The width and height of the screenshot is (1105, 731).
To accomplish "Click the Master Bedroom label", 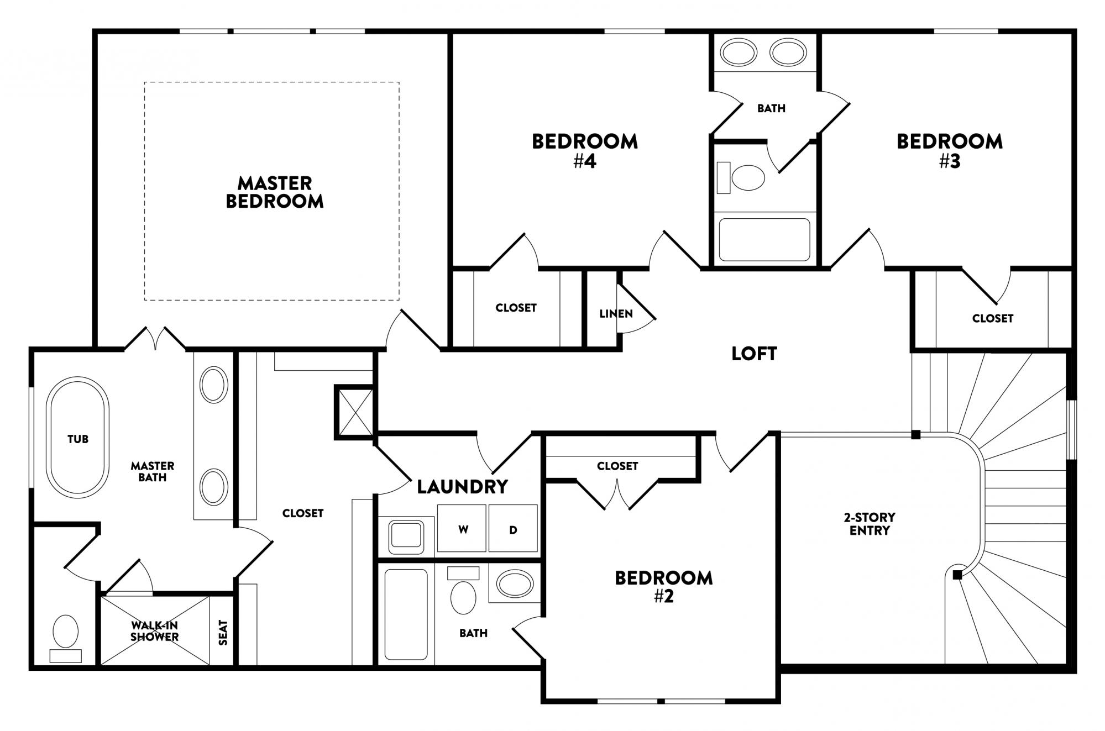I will (275, 192).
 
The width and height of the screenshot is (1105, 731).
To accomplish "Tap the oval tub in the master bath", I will (77, 438).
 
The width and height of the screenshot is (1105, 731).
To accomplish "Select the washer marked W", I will (462, 529).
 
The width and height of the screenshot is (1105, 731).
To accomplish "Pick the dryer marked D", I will (513, 529).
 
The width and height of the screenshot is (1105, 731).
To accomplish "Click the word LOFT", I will (754, 354).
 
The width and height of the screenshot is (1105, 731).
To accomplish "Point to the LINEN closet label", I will (615, 314).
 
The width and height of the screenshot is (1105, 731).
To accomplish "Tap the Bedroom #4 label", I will (584, 150).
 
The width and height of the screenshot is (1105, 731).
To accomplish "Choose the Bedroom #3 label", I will (949, 150).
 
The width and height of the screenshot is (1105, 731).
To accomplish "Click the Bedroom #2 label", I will (663, 586).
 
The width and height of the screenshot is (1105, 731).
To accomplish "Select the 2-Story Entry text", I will (870, 524).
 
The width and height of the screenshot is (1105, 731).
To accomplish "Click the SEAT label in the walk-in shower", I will (223, 633).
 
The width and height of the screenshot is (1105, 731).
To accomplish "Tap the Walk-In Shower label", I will (154, 631).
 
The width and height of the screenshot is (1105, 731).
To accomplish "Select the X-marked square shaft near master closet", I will (355, 412).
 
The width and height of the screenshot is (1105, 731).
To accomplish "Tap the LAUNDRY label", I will (462, 486).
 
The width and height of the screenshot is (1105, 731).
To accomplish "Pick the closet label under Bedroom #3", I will (992, 318).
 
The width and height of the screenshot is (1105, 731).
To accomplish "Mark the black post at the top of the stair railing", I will (915, 435).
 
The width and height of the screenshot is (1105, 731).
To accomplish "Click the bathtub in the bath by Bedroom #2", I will (406, 614).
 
